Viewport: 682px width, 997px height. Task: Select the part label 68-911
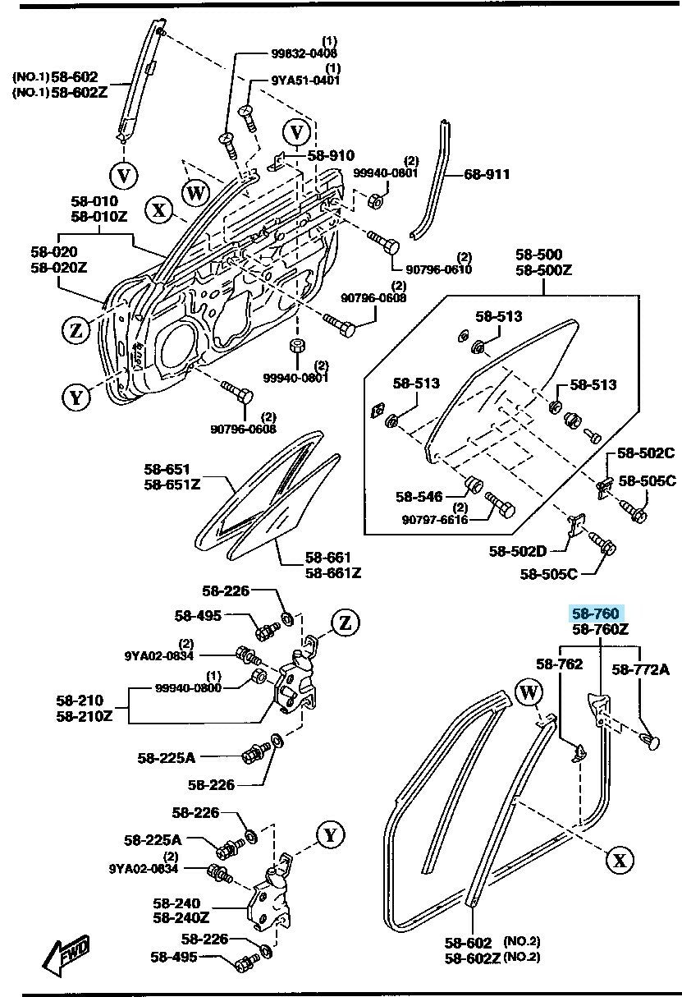(487, 174)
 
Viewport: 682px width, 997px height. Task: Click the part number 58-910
(331, 155)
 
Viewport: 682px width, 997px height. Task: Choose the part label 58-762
(560, 664)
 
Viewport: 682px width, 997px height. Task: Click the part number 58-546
(419, 497)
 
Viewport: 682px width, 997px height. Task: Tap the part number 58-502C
(646, 453)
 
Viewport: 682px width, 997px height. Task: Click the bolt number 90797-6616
(435, 519)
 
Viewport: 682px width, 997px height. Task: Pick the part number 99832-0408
(304, 53)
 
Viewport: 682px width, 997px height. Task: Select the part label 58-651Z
(172, 485)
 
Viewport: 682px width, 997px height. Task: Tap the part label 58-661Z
(333, 572)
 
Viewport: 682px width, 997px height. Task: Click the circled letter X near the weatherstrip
(620, 860)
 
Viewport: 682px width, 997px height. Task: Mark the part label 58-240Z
(181, 917)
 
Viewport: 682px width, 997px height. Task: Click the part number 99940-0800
(190, 687)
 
